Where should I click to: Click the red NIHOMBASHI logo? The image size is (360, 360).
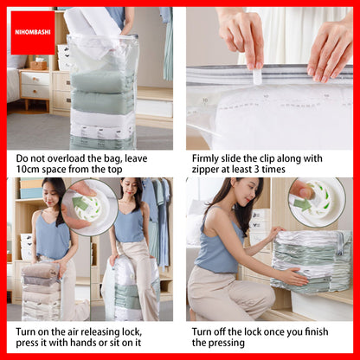click(33, 33)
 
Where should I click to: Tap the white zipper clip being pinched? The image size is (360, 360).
click(257, 76)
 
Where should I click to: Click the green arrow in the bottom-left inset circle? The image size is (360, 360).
click(80, 203)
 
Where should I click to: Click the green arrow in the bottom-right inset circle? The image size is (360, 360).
click(302, 205)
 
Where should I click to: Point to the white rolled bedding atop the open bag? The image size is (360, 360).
click(93, 22)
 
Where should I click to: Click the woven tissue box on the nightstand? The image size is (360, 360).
click(39, 65)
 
